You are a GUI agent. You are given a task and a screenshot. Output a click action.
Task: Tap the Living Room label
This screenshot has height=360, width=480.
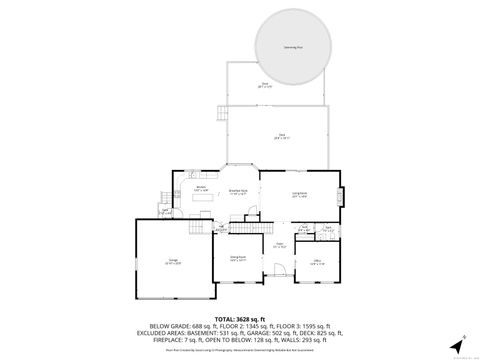tap(299, 195)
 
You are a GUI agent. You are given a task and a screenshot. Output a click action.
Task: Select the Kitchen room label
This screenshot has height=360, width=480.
tap(200, 188)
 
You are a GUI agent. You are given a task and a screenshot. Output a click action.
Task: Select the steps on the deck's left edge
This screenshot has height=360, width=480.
tap(219, 116)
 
